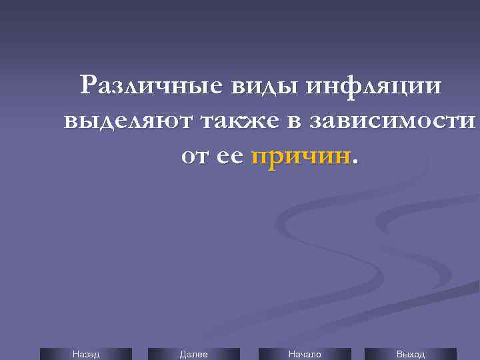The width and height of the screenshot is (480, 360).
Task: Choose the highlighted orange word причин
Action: click(x=301, y=157)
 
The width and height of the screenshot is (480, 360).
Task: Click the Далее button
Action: click(x=194, y=354)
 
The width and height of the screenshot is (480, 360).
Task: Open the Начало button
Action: click(x=305, y=354)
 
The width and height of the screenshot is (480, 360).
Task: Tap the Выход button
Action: click(x=411, y=354)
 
